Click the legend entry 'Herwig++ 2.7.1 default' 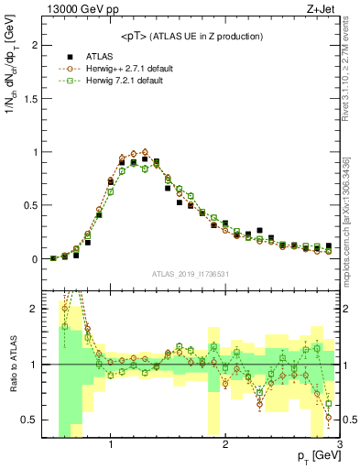pyautogui.click(x=118, y=69)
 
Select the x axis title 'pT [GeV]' pyautogui.click(x=315, y=456)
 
